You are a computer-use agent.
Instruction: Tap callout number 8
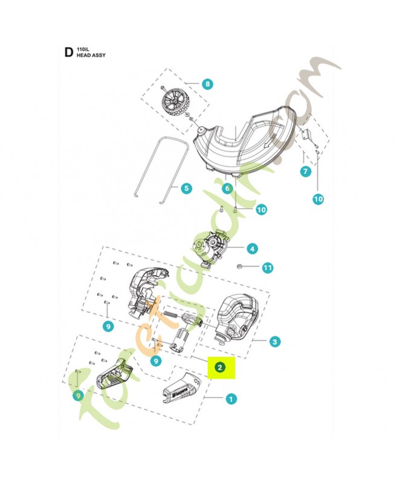(x=207, y=84)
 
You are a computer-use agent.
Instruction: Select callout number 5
(x=186, y=188)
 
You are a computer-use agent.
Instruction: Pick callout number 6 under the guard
(x=227, y=188)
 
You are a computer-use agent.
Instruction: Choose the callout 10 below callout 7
(x=318, y=198)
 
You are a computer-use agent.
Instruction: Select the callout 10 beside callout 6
(x=260, y=210)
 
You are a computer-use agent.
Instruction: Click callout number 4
(x=251, y=248)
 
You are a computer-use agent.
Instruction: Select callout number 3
(x=275, y=342)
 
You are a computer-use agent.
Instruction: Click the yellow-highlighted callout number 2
(x=221, y=366)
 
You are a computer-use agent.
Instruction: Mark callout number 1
(x=230, y=398)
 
